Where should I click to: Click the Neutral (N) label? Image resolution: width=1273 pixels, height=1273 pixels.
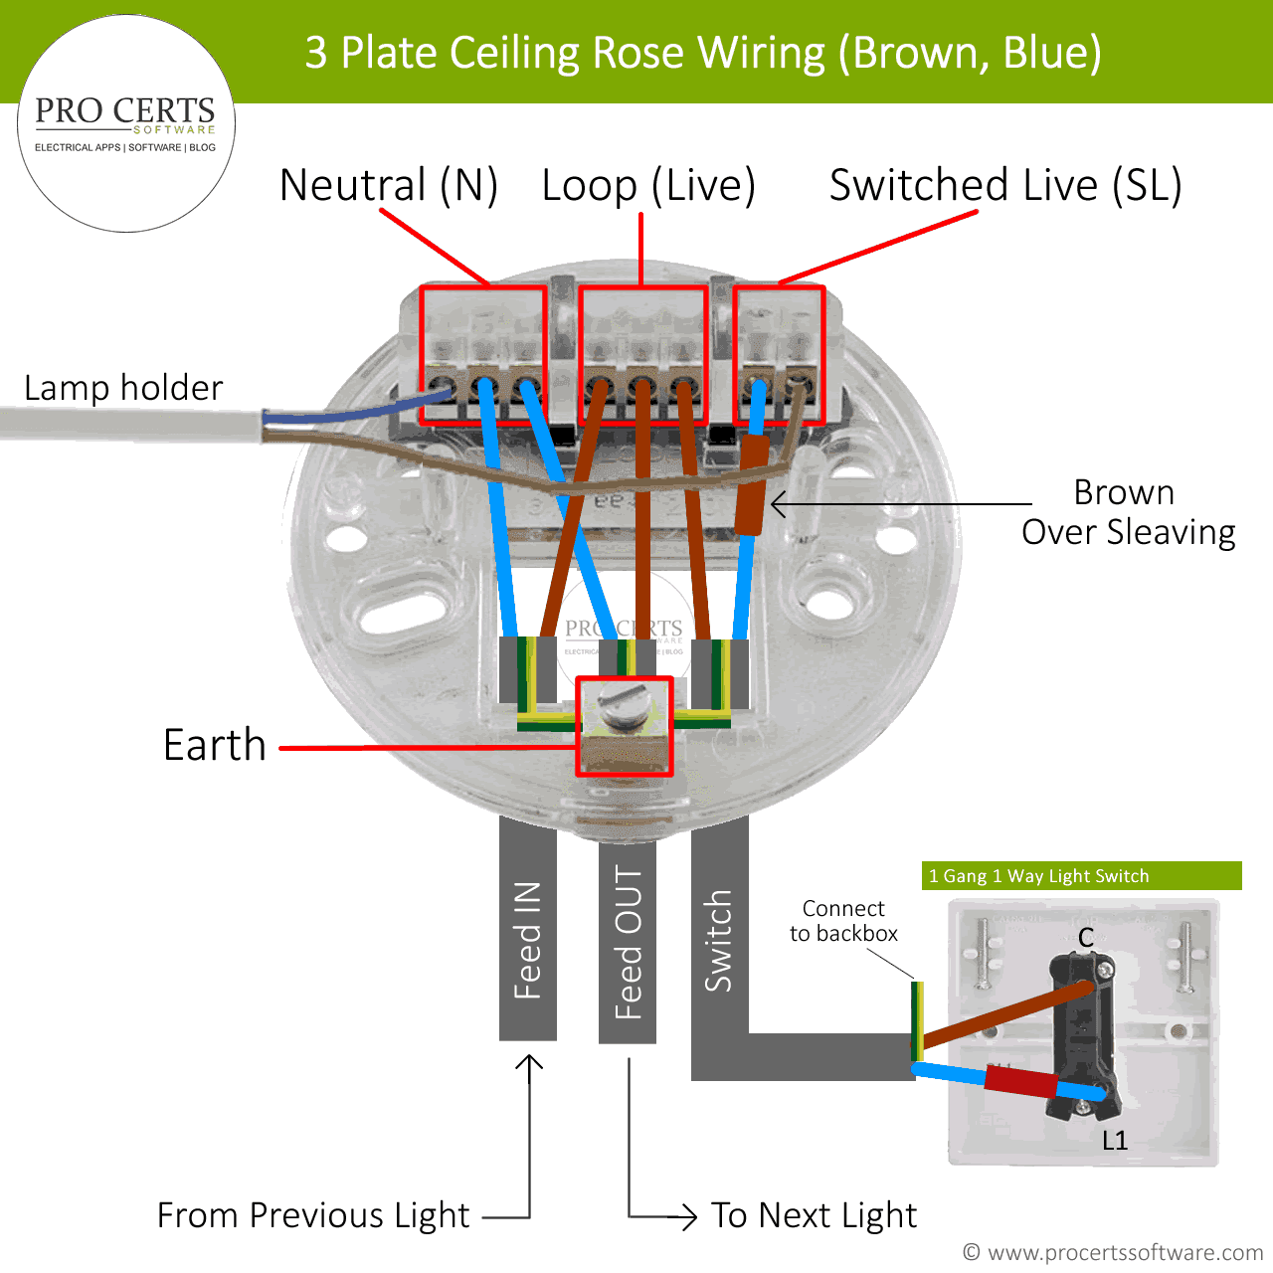click(x=388, y=185)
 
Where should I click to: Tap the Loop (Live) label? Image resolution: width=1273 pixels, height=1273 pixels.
click(x=648, y=186)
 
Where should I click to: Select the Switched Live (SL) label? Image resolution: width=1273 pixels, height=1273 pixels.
click(x=1005, y=186)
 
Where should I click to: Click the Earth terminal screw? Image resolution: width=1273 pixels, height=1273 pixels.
click(x=624, y=711)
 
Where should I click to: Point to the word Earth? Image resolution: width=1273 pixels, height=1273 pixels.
click(x=215, y=745)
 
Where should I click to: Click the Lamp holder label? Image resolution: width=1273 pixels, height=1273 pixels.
click(x=123, y=388)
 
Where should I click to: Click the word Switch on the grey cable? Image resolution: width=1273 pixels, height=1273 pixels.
click(x=718, y=940)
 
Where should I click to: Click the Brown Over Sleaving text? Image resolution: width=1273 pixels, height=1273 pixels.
click(x=1128, y=512)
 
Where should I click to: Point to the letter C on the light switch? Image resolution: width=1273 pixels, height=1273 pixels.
click(x=1086, y=937)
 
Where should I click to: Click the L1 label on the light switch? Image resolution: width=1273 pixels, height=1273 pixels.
click(x=1115, y=1141)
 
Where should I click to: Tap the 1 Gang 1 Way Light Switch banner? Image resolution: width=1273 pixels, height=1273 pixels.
click(x=1081, y=876)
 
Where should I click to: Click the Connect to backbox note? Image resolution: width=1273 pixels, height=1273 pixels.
click(x=843, y=921)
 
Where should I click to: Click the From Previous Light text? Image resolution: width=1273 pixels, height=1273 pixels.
click(x=313, y=1215)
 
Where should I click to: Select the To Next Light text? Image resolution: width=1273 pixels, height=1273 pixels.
click(x=814, y=1215)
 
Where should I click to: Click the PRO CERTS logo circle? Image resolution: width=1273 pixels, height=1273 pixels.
click(x=126, y=123)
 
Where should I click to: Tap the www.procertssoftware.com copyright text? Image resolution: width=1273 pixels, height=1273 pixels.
click(x=1113, y=1252)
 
